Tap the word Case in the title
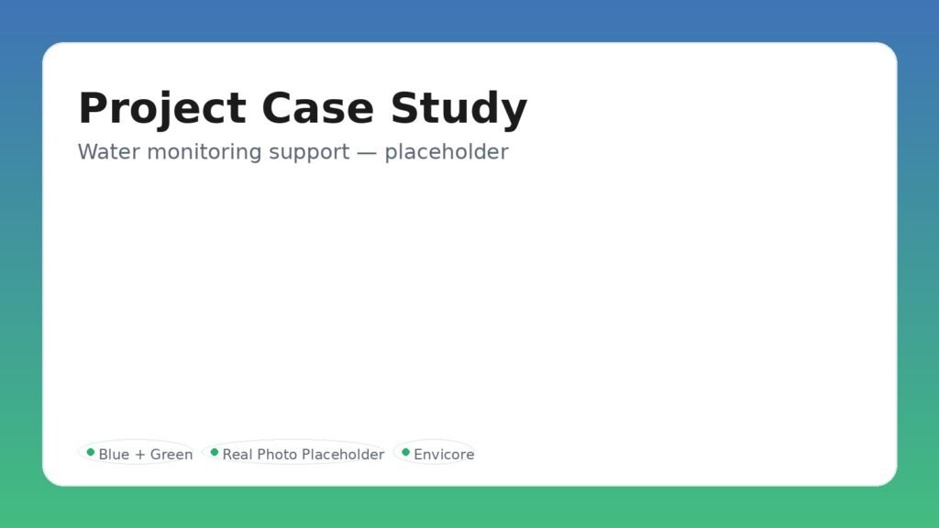tap(318, 108)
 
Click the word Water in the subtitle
tap(109, 151)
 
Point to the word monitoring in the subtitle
tap(204, 151)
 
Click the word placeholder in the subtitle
tap(447, 151)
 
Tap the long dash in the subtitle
tap(367, 151)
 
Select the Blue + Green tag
tap(137, 454)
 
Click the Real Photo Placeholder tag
tap(293, 454)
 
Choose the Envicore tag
tap(435, 454)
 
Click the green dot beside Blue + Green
tap(91, 452)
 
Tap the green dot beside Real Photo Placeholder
tap(215, 452)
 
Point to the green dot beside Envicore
tap(405, 452)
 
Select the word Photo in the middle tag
tap(278, 455)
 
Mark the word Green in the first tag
tap(171, 455)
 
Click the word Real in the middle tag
tap(237, 455)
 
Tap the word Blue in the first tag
tap(114, 455)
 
